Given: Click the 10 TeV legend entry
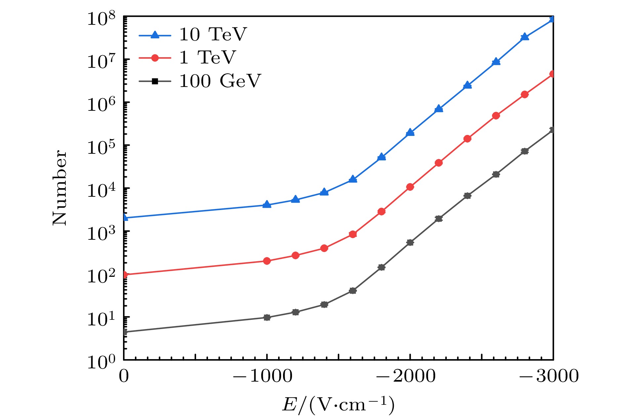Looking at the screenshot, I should (x=213, y=34).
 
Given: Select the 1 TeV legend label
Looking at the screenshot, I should (x=207, y=58).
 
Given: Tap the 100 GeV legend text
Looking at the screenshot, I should (x=220, y=81).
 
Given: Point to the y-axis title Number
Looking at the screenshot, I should (x=60, y=188).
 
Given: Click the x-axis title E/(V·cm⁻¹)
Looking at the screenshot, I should (x=338, y=404).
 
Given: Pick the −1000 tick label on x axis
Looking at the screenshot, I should (x=263, y=376).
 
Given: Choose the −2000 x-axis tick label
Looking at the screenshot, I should (x=406, y=376).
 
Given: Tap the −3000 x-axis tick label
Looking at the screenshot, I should (x=549, y=376).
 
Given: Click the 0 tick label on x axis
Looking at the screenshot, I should (x=124, y=376).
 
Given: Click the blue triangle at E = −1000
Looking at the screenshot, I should (x=267, y=205).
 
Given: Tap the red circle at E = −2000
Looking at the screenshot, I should (x=410, y=187).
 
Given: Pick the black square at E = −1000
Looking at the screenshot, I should (x=267, y=317).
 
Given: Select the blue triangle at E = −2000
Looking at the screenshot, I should (x=410, y=132).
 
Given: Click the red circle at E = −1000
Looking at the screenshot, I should (x=267, y=261).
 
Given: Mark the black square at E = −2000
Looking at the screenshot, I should (x=410, y=242).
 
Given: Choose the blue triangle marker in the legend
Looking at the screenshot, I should (x=155, y=34).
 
